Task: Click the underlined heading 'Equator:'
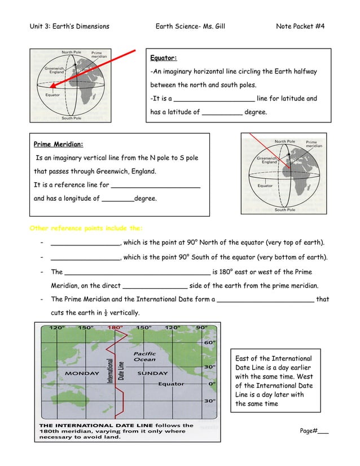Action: click(163, 58)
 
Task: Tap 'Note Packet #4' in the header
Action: click(300, 27)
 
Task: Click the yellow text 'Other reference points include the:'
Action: click(85, 228)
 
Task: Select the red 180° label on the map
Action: click(115, 327)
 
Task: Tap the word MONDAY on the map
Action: click(82, 373)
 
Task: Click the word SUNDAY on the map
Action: click(153, 373)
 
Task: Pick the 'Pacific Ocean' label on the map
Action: click(144, 357)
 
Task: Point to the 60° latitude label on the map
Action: click(209, 342)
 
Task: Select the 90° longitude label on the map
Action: click(201, 327)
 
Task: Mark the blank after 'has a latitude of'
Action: click(222, 112)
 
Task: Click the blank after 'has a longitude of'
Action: click(118, 199)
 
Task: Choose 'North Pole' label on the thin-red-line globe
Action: click(284, 141)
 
